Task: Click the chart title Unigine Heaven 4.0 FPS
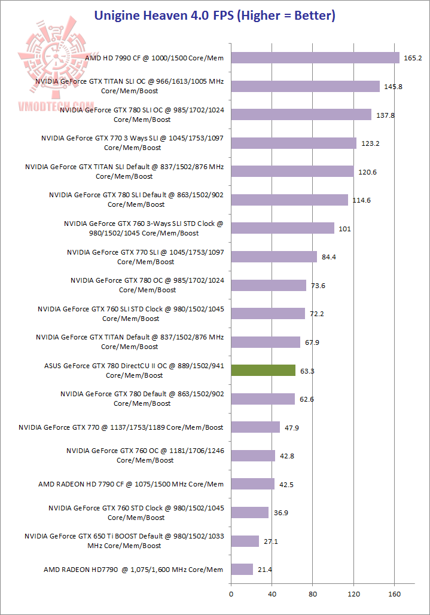tap(215, 16)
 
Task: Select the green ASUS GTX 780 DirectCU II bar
tap(263, 371)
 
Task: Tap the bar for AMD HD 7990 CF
tap(315, 58)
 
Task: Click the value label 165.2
tap(413, 58)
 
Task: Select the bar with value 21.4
tap(242, 570)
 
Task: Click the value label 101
tap(344, 229)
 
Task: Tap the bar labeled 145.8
tap(305, 86)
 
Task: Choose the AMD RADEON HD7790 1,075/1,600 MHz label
tap(133, 570)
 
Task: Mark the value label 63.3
tap(307, 371)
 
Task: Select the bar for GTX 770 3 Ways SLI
tap(294, 143)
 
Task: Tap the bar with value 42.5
tap(253, 484)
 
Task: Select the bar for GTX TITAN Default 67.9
tap(266, 342)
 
